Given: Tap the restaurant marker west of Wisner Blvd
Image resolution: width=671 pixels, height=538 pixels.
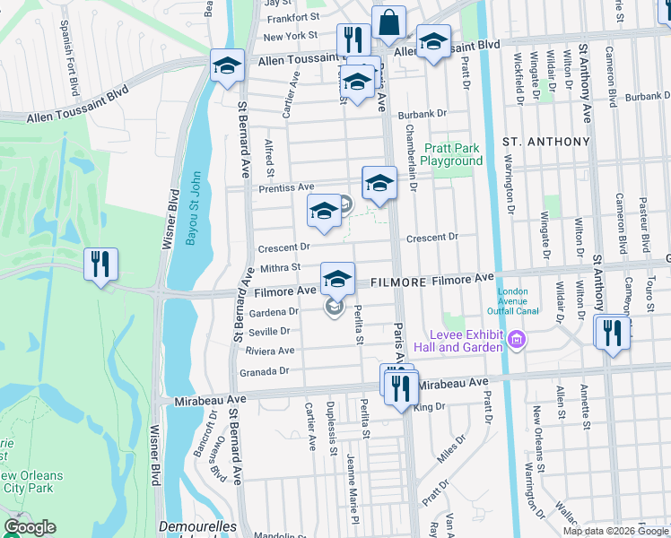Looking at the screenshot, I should (100, 265).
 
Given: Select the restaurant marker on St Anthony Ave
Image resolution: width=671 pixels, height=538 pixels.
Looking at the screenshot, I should (613, 334).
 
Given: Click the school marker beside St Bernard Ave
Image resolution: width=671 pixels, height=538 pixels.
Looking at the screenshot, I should (228, 65).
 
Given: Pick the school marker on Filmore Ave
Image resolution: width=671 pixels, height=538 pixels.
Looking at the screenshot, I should (338, 279).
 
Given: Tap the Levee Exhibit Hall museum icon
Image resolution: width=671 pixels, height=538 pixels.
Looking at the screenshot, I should (516, 340).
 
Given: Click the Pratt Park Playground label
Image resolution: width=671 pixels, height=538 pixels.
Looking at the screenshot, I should (452, 154).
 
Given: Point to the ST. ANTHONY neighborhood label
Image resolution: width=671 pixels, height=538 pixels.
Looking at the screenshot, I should (546, 142).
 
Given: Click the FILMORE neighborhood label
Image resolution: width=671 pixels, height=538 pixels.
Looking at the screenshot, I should (398, 282).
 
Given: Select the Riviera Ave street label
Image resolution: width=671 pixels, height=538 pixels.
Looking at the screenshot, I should (270, 351).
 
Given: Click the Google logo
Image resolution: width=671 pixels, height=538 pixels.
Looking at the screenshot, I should (30, 527).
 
